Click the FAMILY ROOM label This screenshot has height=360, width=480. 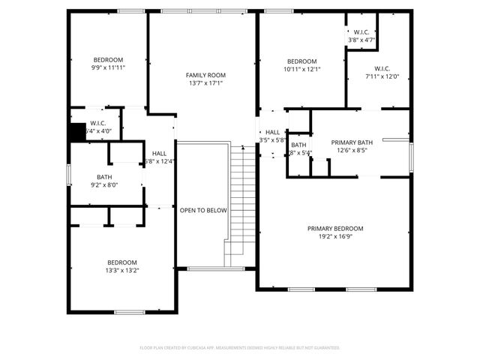(205, 75)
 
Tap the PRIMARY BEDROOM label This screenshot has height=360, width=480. (334, 229)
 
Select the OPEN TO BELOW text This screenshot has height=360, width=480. (202, 211)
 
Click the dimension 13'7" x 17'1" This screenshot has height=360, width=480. (205, 84)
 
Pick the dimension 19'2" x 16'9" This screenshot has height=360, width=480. (334, 238)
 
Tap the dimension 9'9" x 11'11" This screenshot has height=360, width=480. (108, 67)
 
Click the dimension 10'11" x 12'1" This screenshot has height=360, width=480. (302, 69)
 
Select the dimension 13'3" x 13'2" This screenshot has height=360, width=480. (121, 270)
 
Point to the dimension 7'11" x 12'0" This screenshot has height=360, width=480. (382, 76)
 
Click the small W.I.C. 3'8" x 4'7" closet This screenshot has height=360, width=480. (360, 35)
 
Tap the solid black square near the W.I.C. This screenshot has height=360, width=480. (76, 132)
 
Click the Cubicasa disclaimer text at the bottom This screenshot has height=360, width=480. (240, 348)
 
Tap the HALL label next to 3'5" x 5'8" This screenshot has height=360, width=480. (272, 132)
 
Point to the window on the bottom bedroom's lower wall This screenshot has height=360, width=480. (129, 312)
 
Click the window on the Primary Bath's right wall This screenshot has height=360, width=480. (411, 157)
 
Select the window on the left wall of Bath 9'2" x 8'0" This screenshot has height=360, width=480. (69, 173)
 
